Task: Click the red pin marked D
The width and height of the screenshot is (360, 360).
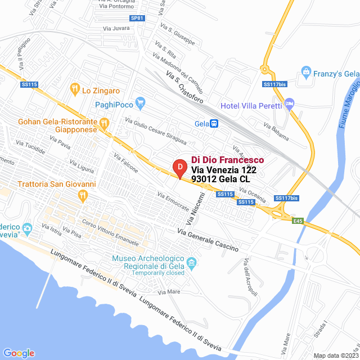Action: point(179,168)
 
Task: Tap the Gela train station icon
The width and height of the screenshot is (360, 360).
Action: point(214,124)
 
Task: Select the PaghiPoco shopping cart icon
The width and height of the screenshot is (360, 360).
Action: point(141,104)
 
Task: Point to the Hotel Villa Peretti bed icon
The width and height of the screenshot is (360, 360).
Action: point(289,104)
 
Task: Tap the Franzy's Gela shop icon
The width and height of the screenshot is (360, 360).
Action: point(305,72)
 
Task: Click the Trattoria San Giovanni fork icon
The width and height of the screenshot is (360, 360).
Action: point(83,196)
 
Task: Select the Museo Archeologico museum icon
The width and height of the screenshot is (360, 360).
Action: point(191,263)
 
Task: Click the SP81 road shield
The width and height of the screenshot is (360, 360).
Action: point(137,18)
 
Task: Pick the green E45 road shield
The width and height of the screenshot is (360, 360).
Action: point(298,221)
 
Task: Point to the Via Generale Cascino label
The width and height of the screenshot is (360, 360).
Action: point(208,240)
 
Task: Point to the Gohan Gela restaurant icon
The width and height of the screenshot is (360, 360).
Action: point(103,123)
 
